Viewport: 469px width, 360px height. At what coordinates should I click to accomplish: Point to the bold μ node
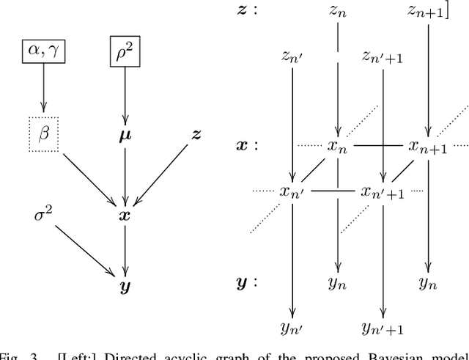pos(125,136)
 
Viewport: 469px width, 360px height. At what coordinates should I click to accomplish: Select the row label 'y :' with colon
pos(247,281)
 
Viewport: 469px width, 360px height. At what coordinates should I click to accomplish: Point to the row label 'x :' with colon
pos(247,145)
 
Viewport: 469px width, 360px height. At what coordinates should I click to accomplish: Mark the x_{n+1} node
pos(428,147)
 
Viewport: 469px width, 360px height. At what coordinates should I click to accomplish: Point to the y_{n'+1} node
pos(382,327)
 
